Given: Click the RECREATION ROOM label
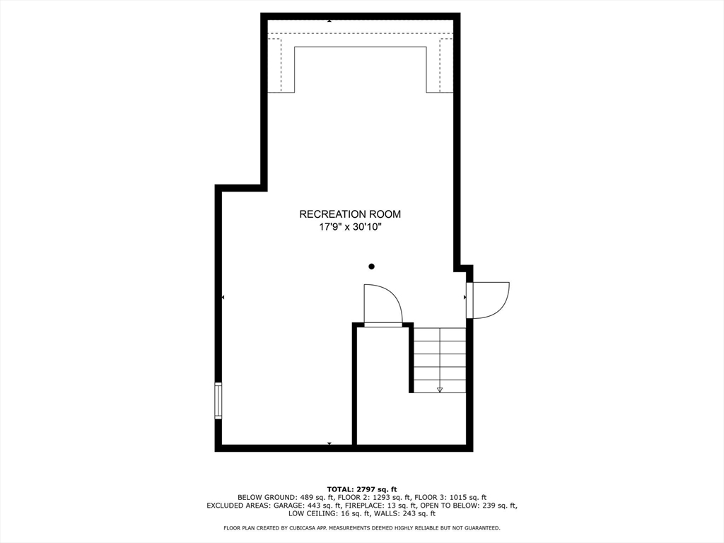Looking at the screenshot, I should (350, 214).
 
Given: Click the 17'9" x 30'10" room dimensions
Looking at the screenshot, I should (350, 228).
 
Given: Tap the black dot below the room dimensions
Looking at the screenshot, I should (371, 267).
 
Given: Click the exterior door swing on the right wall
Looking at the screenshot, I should (489, 300).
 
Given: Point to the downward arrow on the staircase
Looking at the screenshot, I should (440, 389).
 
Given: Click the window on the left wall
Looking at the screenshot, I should (218, 400).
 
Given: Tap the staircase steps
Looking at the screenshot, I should (440, 360).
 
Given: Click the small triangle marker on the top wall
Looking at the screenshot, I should (329, 21).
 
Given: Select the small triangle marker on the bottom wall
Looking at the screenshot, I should (329, 443).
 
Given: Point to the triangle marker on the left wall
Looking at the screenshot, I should (223, 298).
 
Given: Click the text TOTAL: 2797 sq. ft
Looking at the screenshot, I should (362, 489).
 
